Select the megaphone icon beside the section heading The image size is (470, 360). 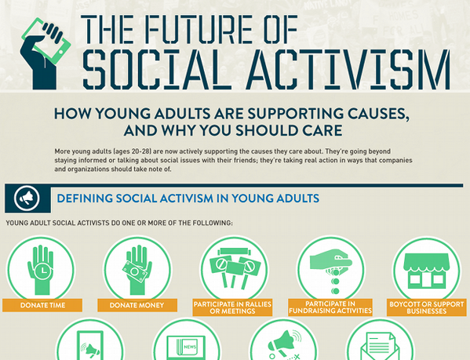click(27, 196)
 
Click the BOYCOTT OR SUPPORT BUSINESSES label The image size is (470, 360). click(428, 307)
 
